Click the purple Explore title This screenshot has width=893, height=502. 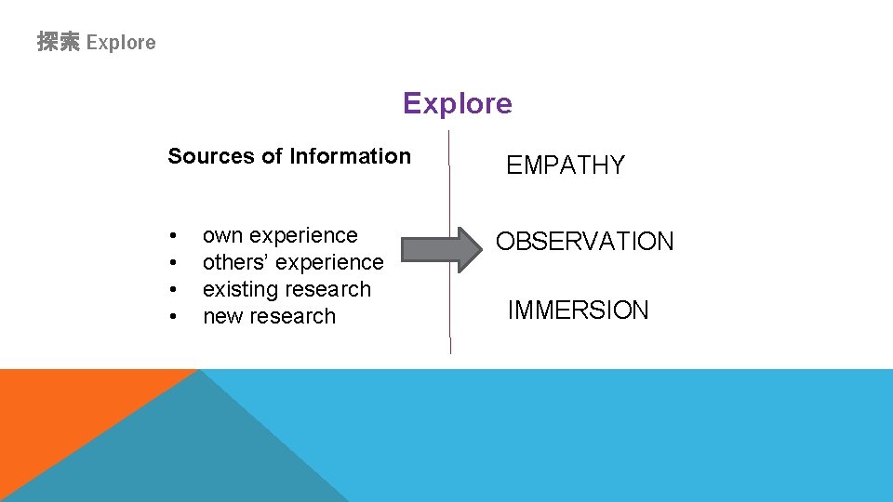tap(457, 103)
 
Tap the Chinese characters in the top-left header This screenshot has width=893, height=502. tap(59, 42)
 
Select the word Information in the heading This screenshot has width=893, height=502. tap(350, 156)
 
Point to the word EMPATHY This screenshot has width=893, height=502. tap(565, 165)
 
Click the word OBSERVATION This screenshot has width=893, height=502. tap(584, 242)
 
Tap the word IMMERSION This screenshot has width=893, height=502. tap(578, 310)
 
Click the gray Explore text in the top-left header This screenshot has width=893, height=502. tap(121, 42)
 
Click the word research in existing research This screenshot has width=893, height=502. tap(329, 290)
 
